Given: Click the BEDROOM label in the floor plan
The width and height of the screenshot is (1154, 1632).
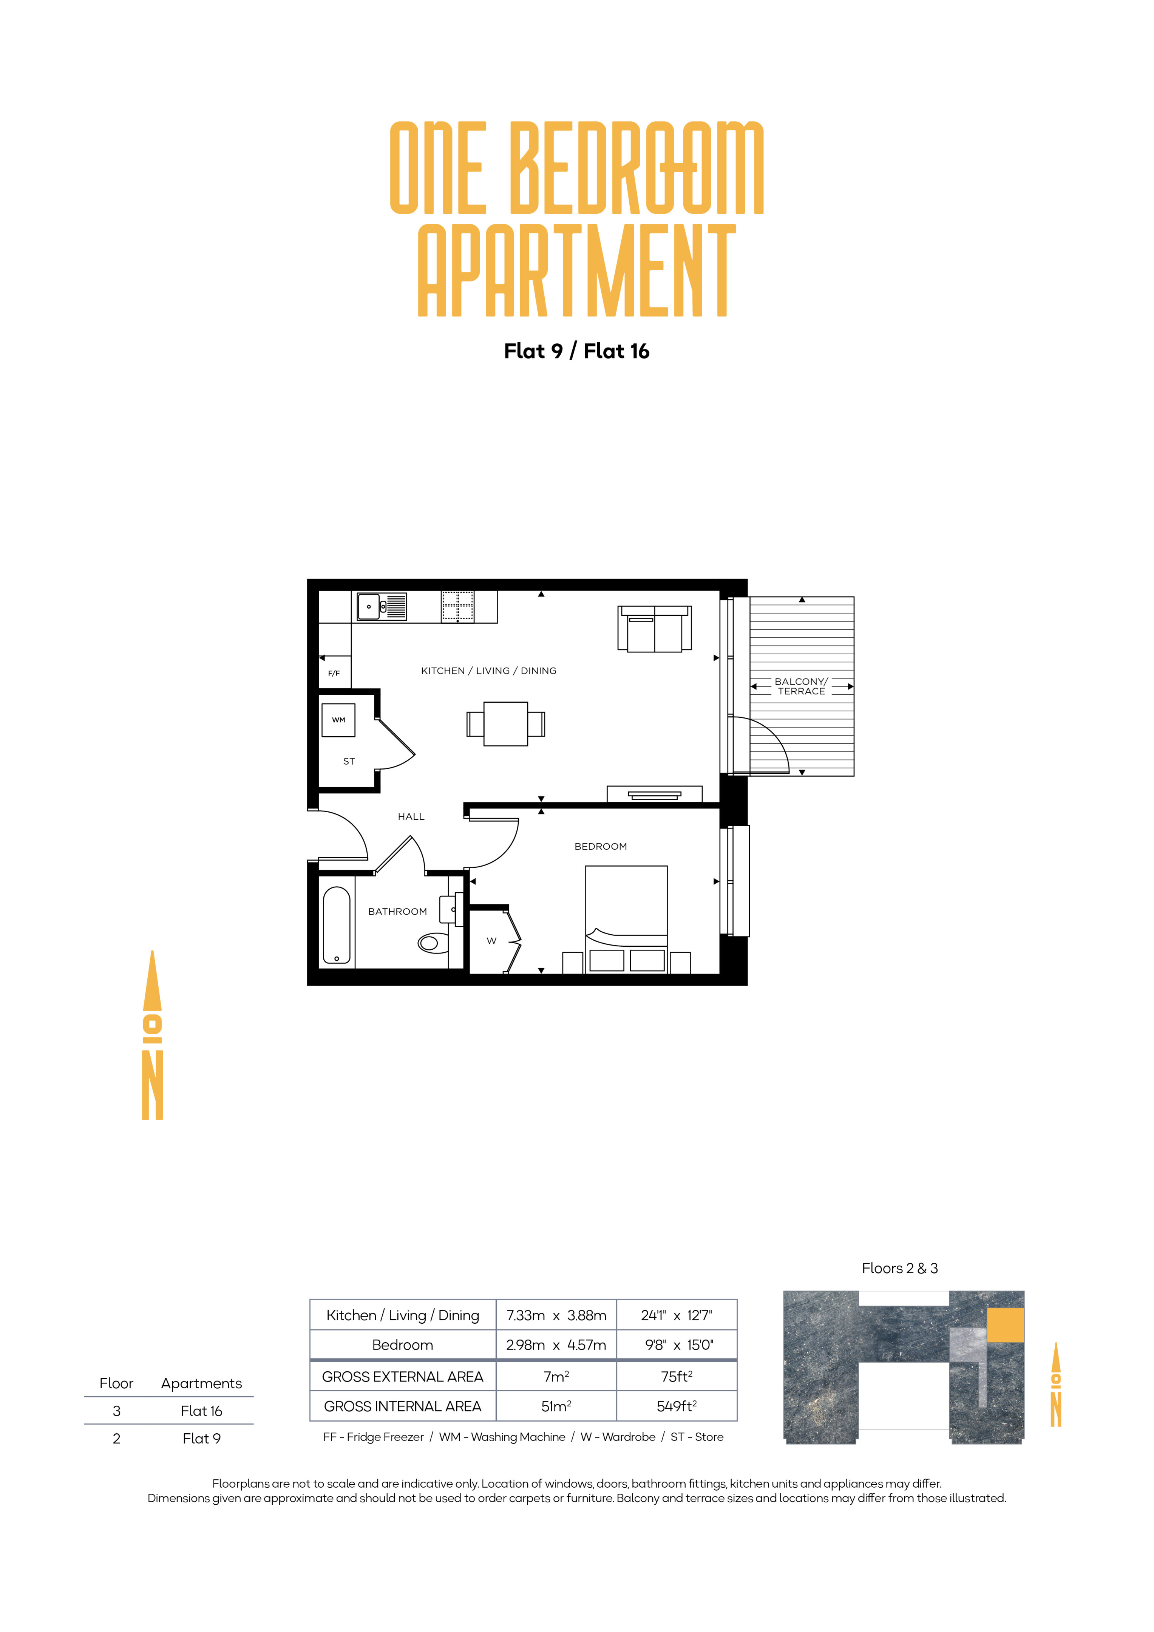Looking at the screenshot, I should [601, 847].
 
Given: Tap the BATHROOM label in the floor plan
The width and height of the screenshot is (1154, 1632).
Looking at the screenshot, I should [397, 911].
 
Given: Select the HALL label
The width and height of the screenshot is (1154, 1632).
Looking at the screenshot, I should [411, 817].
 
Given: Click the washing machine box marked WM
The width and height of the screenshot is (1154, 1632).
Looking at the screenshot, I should [338, 720].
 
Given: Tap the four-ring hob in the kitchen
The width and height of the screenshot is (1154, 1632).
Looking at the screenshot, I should [457, 606].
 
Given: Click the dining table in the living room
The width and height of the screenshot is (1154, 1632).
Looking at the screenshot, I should [505, 723].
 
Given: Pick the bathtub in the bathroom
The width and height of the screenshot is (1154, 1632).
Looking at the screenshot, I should [337, 925].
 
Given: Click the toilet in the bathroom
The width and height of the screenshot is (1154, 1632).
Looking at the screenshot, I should [432, 943].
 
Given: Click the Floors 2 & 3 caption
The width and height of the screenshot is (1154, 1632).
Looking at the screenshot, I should [900, 1268].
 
